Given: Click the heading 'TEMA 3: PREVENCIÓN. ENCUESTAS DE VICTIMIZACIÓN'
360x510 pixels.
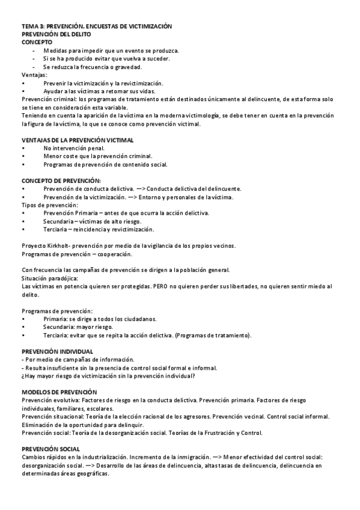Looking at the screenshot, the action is pyautogui.click(x=97, y=26).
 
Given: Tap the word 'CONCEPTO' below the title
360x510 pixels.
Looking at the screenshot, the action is pyautogui.click(x=37, y=43).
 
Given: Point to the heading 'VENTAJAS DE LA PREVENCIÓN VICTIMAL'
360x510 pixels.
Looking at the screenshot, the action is pyautogui.click(x=78, y=140).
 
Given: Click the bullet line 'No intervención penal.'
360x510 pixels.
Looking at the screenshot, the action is pyautogui.click(x=74, y=148).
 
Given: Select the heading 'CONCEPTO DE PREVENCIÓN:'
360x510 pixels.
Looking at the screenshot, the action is pyautogui.click(x=61, y=180).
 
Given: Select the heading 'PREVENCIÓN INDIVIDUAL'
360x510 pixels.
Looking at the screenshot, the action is pyautogui.click(x=57, y=351).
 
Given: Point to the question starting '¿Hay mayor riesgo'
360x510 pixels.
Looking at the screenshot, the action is pyautogui.click(x=108, y=376).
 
